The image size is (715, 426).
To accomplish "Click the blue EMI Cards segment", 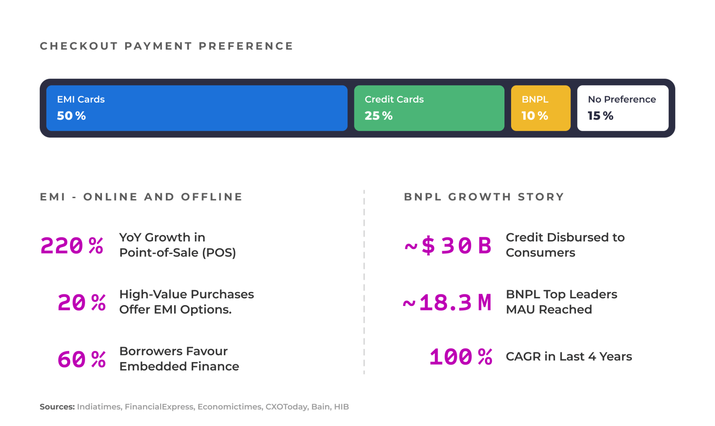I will (x=197, y=108).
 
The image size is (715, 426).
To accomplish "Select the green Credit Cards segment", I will (x=429, y=108).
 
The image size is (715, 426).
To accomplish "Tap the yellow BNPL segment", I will (x=540, y=108).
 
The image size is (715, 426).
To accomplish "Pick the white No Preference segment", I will (x=622, y=108).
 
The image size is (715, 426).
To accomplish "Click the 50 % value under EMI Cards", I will (x=71, y=115).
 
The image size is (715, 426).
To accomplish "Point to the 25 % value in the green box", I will (x=378, y=115).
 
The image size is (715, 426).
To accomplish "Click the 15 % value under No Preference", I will (x=600, y=115).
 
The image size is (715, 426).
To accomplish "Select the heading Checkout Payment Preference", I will (x=166, y=46).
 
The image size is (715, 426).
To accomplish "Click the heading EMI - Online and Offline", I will (x=141, y=197).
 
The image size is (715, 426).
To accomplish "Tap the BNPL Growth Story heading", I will (x=484, y=197).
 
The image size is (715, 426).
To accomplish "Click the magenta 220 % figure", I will (x=72, y=246).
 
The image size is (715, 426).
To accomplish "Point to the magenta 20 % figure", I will (x=81, y=302).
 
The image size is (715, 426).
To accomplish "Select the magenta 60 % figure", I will (x=81, y=359).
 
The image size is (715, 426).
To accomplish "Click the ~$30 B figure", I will (x=448, y=245).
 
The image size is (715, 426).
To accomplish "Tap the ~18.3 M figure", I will (x=447, y=302).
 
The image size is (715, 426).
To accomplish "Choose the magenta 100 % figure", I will (x=461, y=357).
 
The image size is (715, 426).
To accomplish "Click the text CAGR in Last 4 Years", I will (x=568, y=357).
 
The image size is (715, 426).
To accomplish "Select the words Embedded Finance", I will (x=179, y=366).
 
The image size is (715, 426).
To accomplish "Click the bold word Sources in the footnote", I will (x=57, y=407).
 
